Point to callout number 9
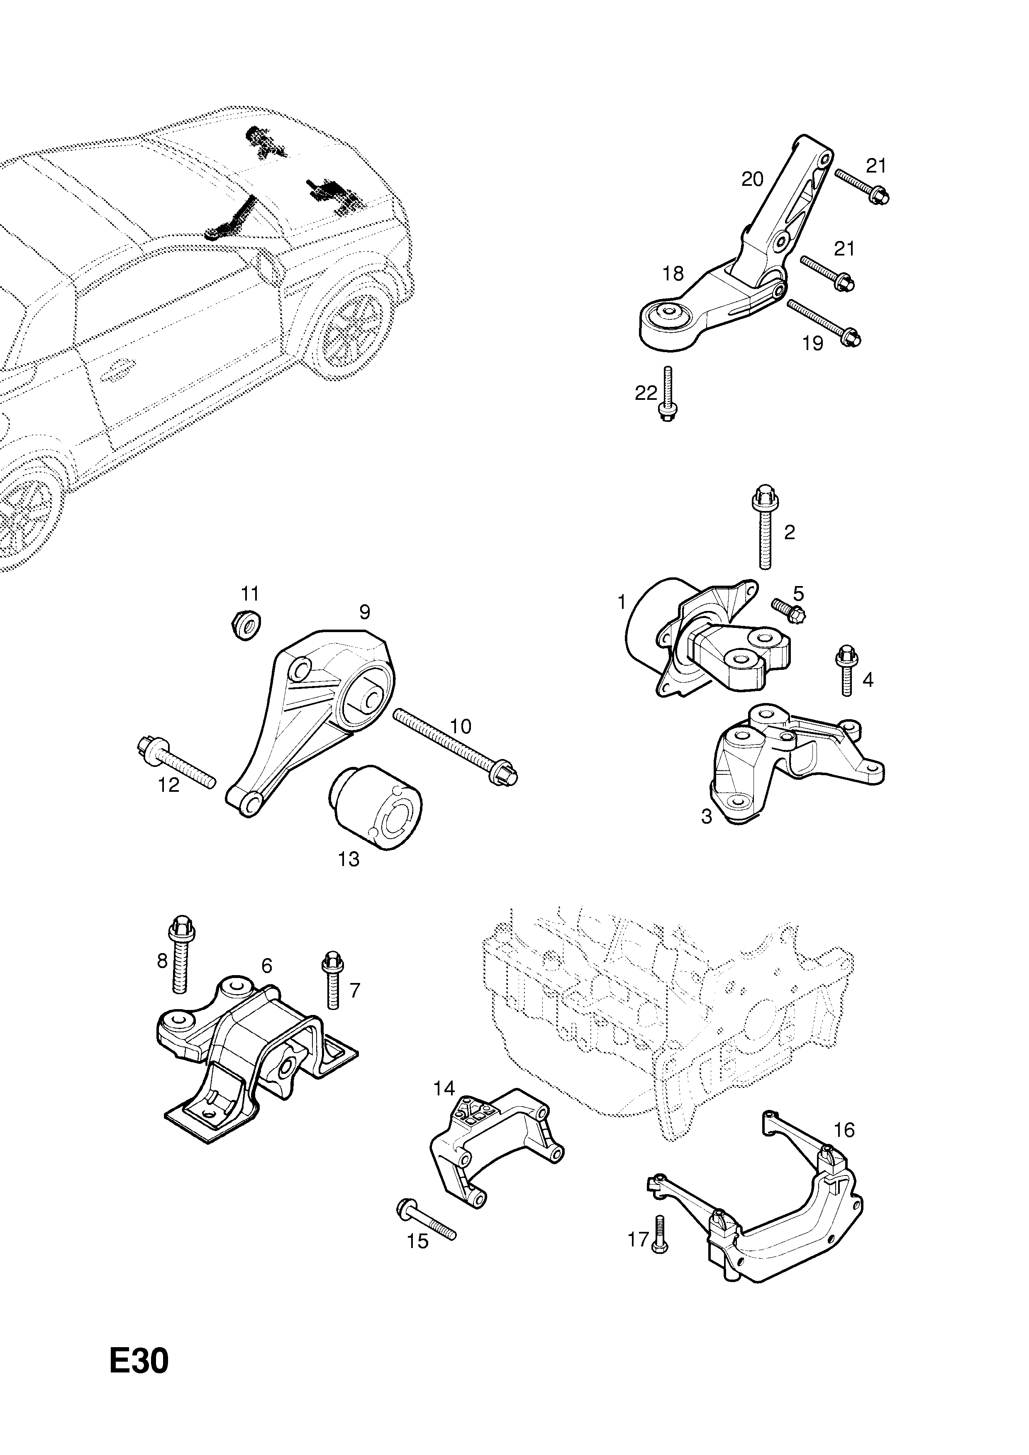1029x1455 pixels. point(365,612)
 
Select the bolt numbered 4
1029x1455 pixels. point(846,670)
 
